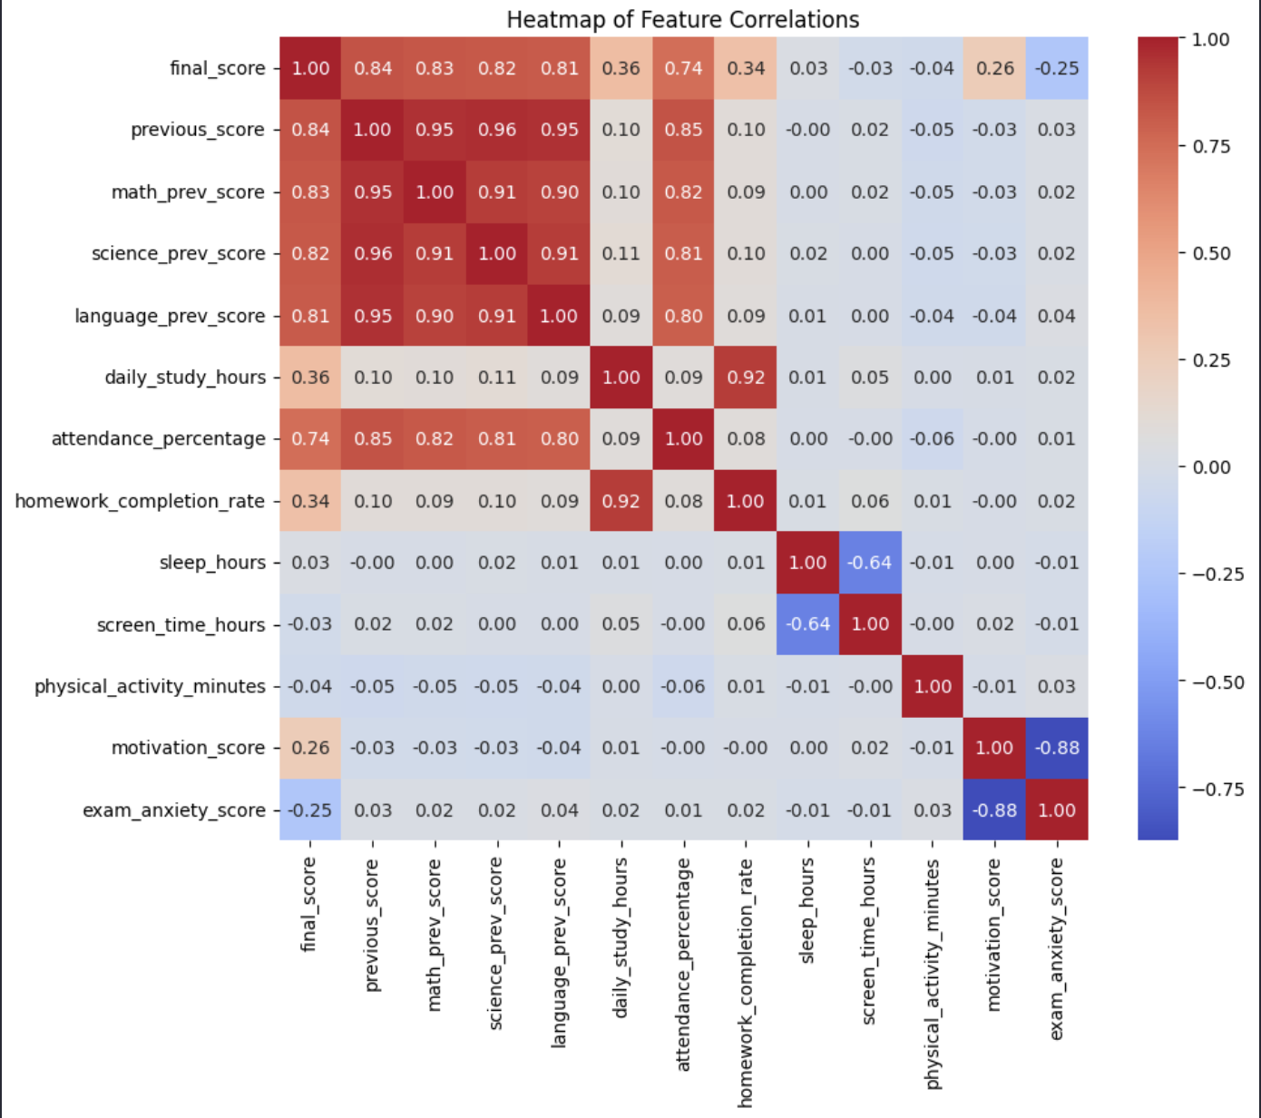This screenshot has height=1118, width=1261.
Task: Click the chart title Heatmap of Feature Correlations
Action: coord(682,19)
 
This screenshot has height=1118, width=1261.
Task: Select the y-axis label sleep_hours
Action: coord(212,563)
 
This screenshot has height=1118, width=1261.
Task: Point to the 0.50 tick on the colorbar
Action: coord(1211,253)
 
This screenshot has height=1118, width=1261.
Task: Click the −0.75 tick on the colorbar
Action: coord(1217,789)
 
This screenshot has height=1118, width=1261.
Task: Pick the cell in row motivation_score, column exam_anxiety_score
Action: coord(1057,748)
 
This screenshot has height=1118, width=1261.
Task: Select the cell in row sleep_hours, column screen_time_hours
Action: coord(870,563)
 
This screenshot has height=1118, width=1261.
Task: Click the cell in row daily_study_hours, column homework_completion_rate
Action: coord(746,378)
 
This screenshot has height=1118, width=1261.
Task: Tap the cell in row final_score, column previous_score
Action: coord(373,68)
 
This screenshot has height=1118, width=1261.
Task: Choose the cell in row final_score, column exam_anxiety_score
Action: coord(1057,68)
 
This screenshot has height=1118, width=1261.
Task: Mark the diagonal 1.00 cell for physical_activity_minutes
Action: coord(933,686)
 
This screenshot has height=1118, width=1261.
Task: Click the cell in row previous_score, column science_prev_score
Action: coord(497,130)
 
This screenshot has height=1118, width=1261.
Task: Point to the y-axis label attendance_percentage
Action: coord(158,439)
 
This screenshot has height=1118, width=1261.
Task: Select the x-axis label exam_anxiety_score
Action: coord(1057,949)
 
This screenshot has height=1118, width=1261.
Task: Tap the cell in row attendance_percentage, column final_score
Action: coord(310,439)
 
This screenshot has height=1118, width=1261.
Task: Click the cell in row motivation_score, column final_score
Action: coord(310,748)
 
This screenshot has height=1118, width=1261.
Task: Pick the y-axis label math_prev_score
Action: coord(188,192)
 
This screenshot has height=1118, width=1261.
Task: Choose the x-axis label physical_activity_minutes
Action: coord(933,974)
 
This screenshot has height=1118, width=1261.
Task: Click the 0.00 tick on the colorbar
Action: coord(1211,467)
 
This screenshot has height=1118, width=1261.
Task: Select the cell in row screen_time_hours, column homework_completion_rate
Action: coord(746,624)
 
